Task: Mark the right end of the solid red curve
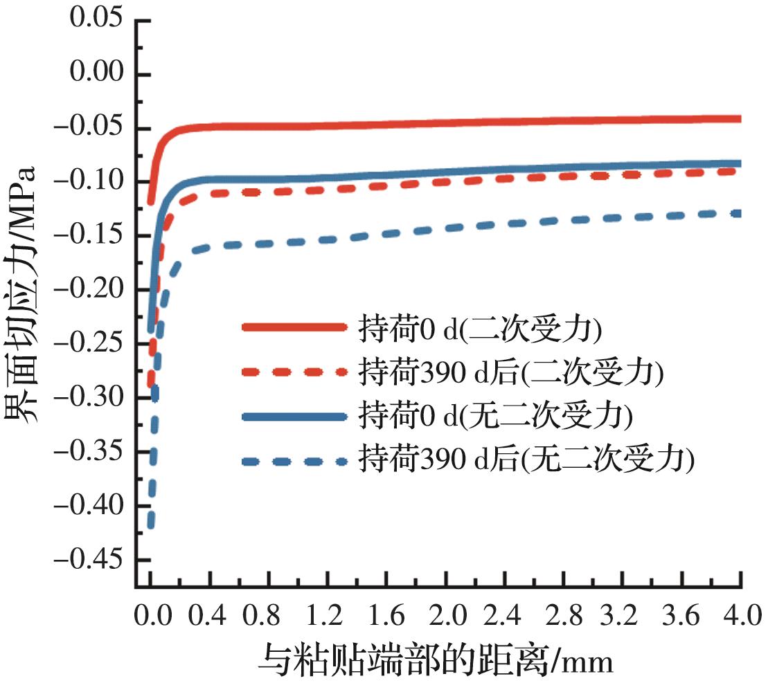(740, 119)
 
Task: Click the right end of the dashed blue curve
(740, 213)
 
